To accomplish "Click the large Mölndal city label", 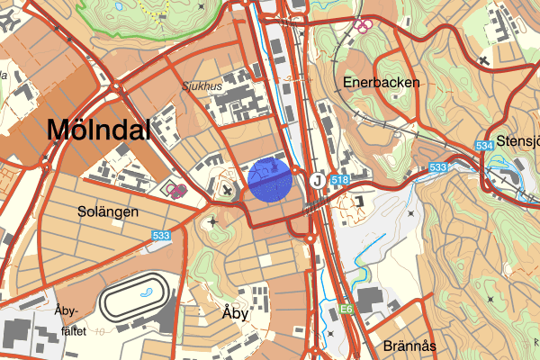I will [x=98, y=130].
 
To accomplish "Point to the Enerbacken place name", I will [x=381, y=82].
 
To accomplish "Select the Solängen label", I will [x=107, y=212].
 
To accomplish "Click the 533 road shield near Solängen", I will [x=161, y=236].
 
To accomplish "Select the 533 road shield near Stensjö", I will [x=438, y=168].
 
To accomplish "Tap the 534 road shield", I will [x=483, y=146].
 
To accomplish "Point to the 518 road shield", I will [x=340, y=181].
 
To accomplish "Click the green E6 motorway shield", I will [x=346, y=310].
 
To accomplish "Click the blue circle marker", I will [x=271, y=179].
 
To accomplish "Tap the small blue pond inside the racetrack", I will [x=144, y=294].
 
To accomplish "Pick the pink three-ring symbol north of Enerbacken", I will [x=364, y=25].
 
